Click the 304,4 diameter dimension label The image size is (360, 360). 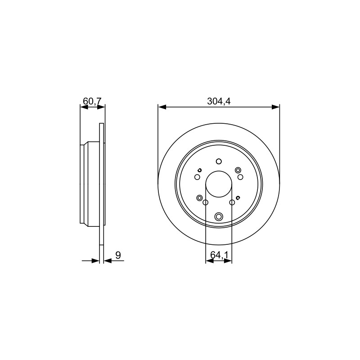coord(219,101)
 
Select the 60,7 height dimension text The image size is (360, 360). coord(92,101)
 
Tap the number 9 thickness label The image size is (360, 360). coord(118,255)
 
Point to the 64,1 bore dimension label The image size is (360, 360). coord(219,255)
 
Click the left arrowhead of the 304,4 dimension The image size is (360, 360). coord(162,107)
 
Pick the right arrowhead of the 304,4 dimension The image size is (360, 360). coord(275,107)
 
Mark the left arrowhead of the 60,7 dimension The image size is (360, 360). coord(84,107)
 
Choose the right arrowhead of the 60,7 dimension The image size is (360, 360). coord(101,107)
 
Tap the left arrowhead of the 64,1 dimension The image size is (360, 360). coord(210,261)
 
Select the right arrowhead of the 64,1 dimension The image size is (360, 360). coord(228,261)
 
